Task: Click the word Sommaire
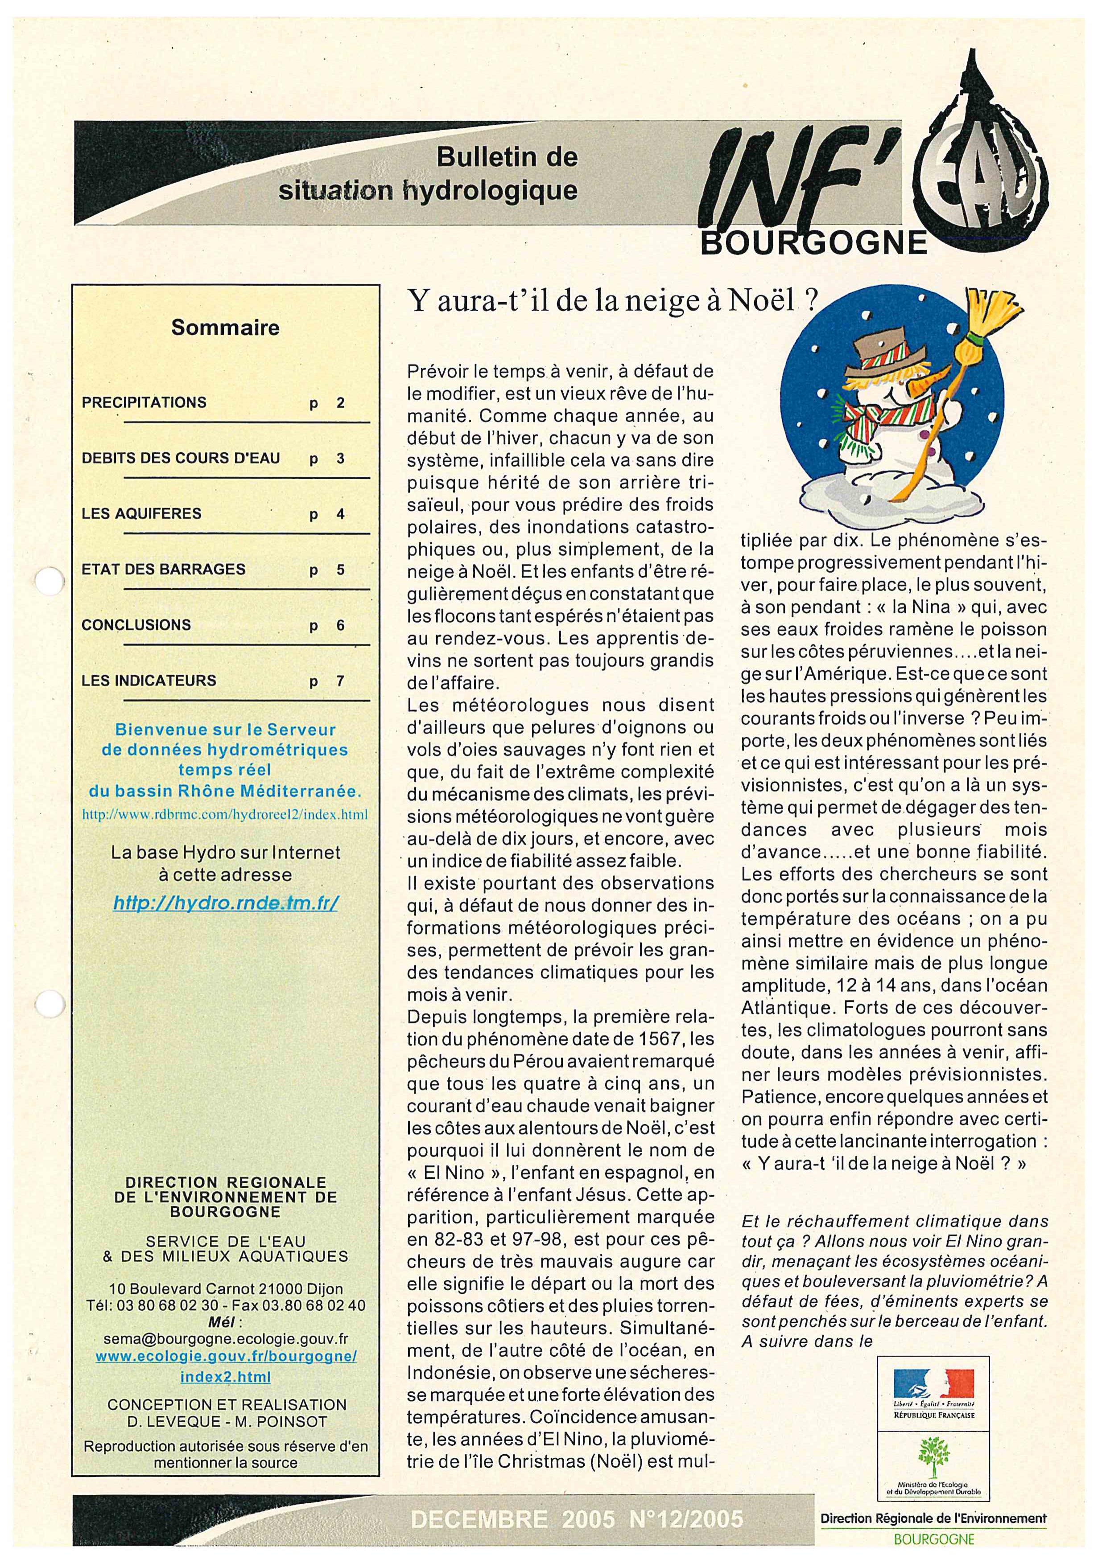(225, 328)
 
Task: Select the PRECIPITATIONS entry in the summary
(144, 402)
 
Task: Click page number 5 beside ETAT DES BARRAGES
(341, 570)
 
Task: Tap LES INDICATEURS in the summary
(149, 681)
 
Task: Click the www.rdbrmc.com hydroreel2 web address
(225, 813)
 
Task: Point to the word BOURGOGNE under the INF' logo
(814, 243)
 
